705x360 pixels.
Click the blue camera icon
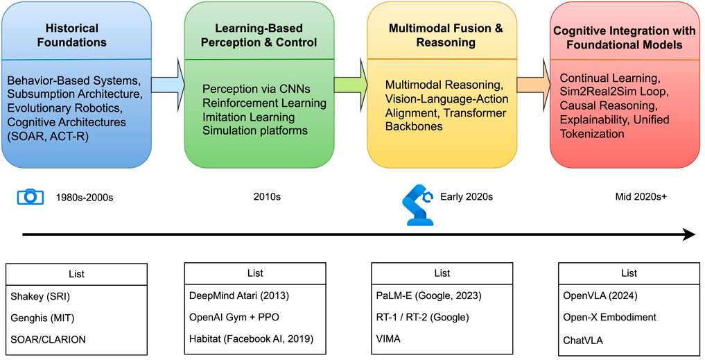click(30, 196)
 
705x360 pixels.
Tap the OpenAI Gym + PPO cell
click(254, 317)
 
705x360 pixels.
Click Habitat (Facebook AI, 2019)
click(254, 340)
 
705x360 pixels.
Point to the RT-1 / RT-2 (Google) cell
click(442, 317)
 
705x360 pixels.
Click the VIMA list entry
click(442, 340)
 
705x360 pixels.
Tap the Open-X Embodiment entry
click(628, 317)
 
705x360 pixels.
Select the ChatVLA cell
click(628, 340)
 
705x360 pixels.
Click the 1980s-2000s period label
click(85, 197)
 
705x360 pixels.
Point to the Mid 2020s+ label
click(641, 196)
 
